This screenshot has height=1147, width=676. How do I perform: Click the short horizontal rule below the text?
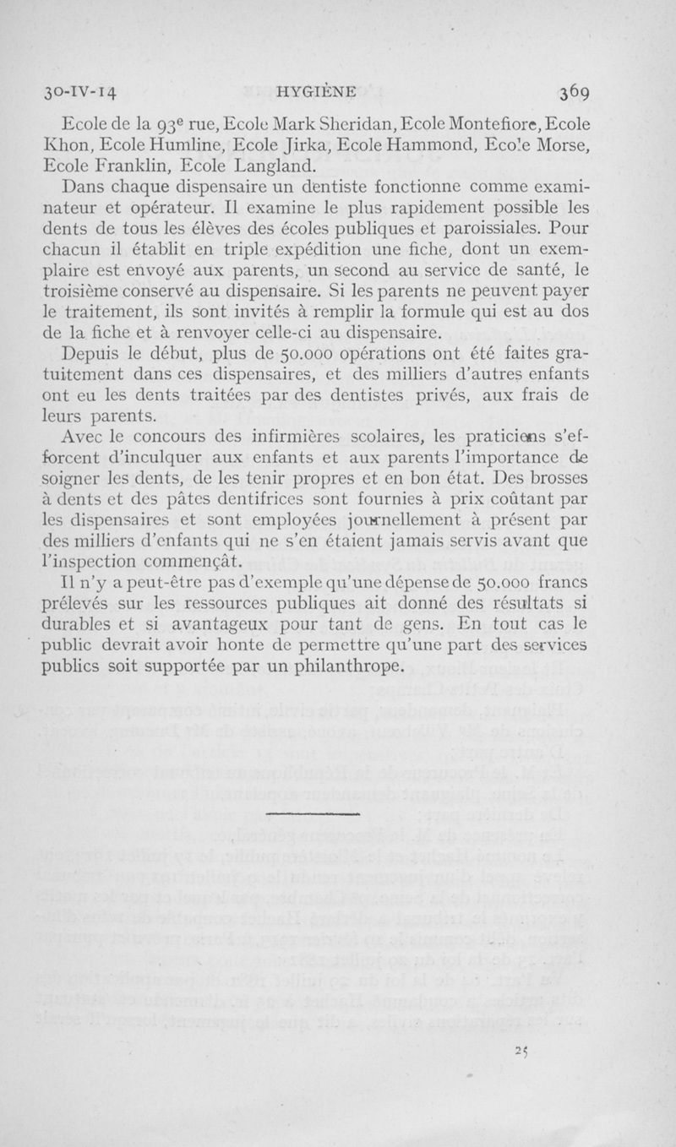(312, 813)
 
